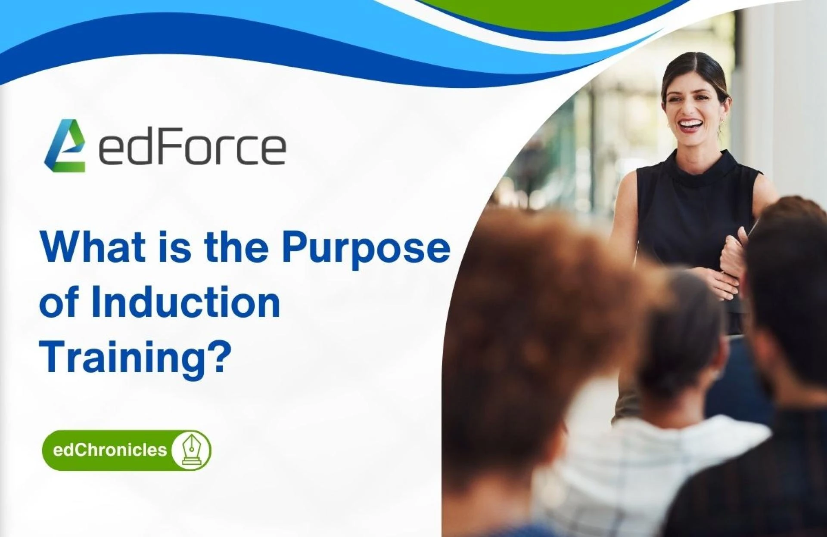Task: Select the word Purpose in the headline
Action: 366,248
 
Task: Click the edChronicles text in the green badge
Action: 109,450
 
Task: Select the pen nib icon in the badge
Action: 191,450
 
